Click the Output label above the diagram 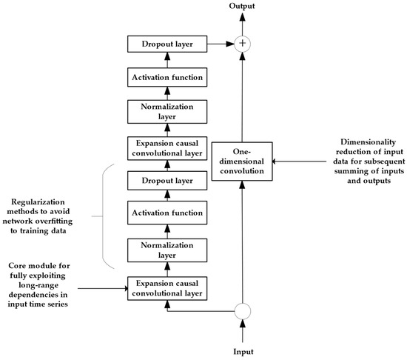242,6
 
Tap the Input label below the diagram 243,352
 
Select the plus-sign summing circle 243,44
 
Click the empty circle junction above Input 243,311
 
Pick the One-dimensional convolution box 242,161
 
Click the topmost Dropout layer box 167,44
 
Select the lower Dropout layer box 167,181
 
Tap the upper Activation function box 167,77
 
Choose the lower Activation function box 167,213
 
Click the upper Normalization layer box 167,112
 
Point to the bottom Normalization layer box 167,250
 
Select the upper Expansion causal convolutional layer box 167,148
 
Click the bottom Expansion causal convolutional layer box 167,288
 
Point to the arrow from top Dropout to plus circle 221,44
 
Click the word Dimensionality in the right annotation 369,142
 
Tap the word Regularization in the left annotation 38,201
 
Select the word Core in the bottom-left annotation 17,266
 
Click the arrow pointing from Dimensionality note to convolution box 299,161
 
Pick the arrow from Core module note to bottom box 103,288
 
